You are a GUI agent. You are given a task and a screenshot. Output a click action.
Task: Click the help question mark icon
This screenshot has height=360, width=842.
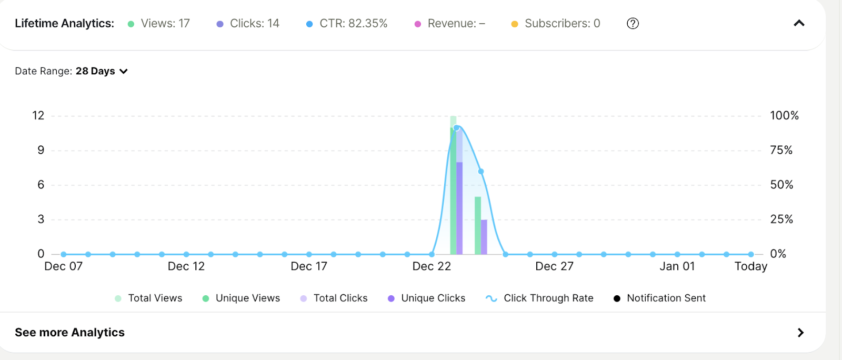point(633,23)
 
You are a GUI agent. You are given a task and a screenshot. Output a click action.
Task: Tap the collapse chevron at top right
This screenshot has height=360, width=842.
point(799,23)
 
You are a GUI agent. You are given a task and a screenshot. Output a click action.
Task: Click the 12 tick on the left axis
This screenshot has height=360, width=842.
point(38,115)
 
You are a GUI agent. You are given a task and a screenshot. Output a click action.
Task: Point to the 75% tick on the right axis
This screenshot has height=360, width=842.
point(781,150)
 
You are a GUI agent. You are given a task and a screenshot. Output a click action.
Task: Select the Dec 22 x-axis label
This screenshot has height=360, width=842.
point(432,266)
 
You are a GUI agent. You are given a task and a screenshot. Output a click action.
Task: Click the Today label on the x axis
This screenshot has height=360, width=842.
point(750,266)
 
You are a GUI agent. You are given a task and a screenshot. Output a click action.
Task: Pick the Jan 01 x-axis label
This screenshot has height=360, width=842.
point(677,266)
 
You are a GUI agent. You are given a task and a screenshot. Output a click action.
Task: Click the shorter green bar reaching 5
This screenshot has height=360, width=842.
point(478,226)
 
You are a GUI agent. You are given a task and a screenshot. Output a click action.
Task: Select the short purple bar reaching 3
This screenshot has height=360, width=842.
point(484,237)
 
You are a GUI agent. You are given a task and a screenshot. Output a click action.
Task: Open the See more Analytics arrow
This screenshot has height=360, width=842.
point(800,333)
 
